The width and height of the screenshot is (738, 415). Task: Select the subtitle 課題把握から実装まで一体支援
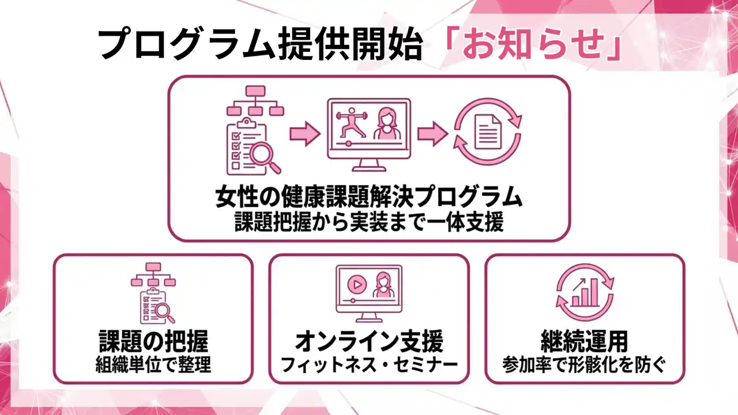pos(369,223)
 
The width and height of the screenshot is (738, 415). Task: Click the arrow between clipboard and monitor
pos(304,134)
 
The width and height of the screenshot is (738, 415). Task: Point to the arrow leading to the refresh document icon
pos(432,134)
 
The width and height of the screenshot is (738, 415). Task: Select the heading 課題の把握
pos(153,342)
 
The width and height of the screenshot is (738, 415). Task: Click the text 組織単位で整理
pos(153,365)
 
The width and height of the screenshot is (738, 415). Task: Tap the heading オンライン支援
pos(369,342)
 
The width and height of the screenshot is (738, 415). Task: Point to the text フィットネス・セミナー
pos(369,365)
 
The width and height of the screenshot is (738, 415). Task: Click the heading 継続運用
pos(584,342)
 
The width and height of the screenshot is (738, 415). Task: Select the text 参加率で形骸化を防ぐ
pos(584,365)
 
